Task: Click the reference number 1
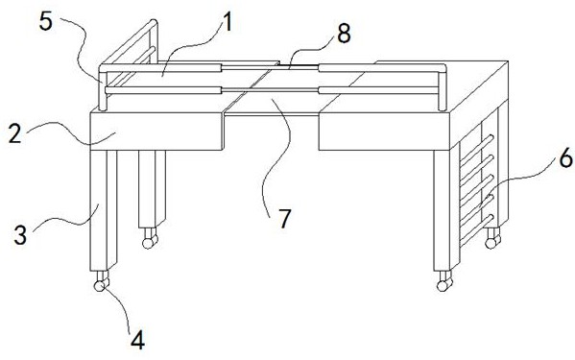click(228, 23)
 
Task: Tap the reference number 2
click(15, 134)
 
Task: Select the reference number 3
click(20, 234)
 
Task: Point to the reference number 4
click(137, 340)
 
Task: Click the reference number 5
click(46, 22)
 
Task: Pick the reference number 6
click(566, 158)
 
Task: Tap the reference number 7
click(284, 219)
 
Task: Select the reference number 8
click(344, 34)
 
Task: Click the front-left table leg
click(103, 210)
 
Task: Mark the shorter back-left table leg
click(152, 189)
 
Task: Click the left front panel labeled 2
click(156, 132)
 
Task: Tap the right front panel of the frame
click(384, 132)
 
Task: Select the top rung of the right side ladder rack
click(476, 150)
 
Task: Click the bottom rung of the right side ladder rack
click(476, 230)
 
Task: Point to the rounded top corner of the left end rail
click(154, 23)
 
